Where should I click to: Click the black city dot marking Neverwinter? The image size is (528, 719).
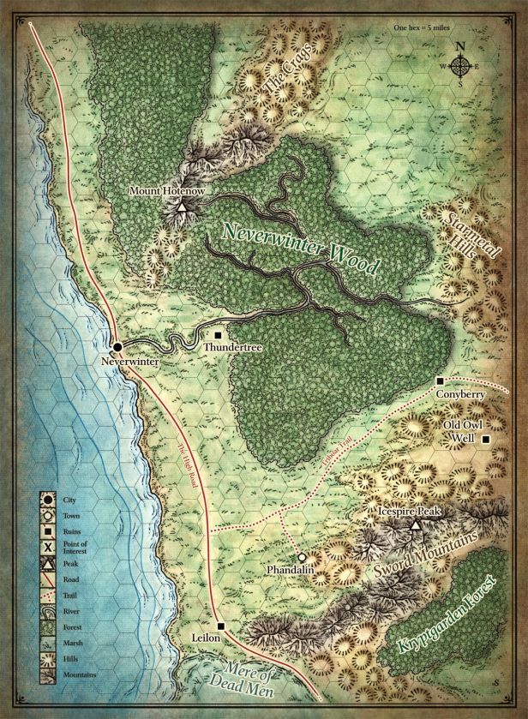click(117, 346)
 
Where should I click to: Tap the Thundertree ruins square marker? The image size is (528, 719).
click(218, 335)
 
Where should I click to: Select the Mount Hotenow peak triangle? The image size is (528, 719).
click(182, 206)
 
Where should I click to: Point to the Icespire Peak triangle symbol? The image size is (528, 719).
click(415, 525)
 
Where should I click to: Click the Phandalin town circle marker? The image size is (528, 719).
click(302, 557)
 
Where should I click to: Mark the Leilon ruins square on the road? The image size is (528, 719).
click(220, 626)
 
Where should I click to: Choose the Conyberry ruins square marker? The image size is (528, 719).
click(440, 380)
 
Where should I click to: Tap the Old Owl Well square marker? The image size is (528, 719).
click(486, 440)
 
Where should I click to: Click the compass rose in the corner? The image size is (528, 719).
click(460, 66)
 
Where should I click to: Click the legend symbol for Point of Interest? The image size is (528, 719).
click(48, 546)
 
